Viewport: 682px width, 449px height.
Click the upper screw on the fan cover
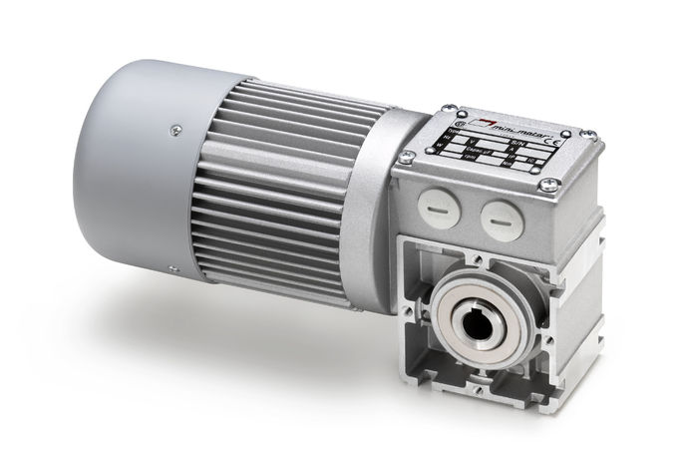tap(175, 128)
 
